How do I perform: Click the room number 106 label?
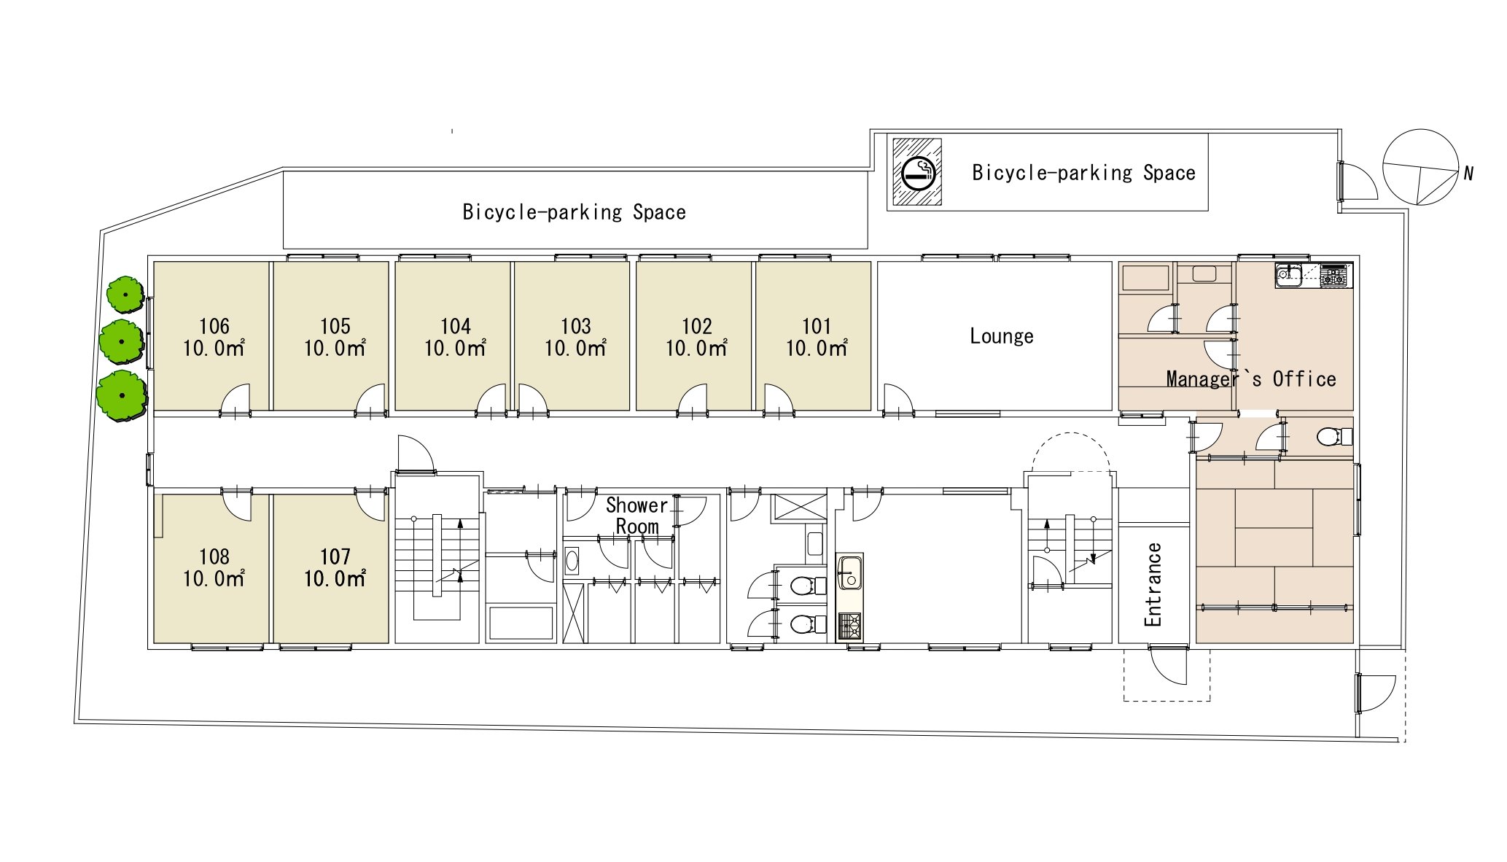(214, 326)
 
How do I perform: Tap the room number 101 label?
(817, 326)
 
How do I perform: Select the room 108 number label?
(214, 556)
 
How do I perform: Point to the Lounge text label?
(1002, 336)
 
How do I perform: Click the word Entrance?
(1153, 585)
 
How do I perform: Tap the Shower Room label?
(637, 516)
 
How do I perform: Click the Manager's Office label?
(1251, 379)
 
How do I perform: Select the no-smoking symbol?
(917, 172)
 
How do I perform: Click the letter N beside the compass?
(1468, 174)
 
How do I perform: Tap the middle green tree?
(121, 341)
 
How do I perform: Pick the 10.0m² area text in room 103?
(576, 349)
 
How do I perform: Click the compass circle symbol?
(1420, 167)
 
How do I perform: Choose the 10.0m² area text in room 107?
(335, 579)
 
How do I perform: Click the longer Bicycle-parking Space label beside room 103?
(575, 212)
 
